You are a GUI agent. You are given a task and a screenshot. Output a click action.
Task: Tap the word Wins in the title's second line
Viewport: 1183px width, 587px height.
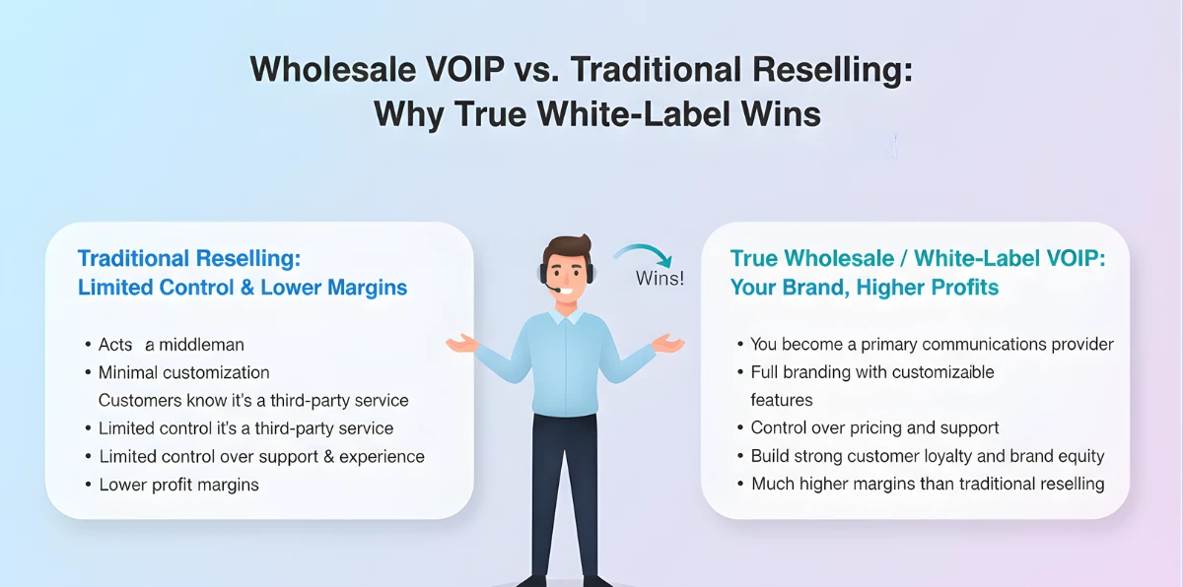coord(779,114)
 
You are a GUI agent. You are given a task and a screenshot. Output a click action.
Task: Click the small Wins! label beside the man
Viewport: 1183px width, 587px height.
coord(660,278)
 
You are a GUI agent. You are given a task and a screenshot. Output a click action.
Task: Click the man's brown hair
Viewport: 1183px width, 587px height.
coord(565,246)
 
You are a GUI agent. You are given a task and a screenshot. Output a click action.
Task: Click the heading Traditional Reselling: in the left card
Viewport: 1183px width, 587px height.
coord(188,259)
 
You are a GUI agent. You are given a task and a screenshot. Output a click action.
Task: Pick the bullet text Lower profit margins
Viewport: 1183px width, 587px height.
coord(178,485)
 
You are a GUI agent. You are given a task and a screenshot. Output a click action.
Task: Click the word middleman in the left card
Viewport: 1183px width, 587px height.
coord(201,345)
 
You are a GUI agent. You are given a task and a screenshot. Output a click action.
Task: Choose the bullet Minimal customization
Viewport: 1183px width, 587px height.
coord(183,372)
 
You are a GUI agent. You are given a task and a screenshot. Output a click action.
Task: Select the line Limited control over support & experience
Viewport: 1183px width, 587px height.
coord(261,457)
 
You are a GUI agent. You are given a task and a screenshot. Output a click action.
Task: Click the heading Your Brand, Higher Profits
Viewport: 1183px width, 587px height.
coord(864,288)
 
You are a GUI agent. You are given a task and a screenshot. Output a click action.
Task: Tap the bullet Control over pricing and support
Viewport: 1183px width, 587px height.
coord(874,428)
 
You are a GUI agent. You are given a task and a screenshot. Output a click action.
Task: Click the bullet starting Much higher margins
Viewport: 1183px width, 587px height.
coord(927,484)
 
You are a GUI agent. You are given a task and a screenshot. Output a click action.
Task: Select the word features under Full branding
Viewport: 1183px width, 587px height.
coord(781,400)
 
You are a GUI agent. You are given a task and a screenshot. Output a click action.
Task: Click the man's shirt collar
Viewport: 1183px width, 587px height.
coord(566,316)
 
